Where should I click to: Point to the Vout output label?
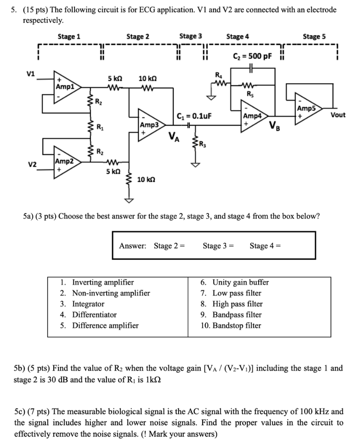coord(338,115)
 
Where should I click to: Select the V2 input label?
coord(32,165)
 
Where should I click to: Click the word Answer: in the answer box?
coord(133,246)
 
